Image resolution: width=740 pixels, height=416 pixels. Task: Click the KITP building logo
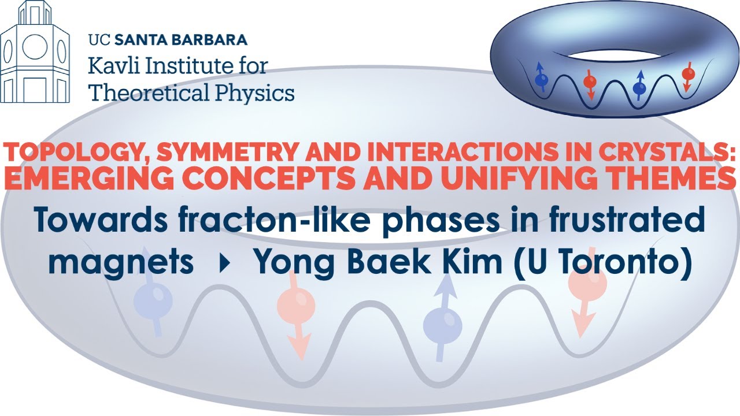35,53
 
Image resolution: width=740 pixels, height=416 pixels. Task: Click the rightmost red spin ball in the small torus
688,74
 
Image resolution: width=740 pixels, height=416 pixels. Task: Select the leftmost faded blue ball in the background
153,300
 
